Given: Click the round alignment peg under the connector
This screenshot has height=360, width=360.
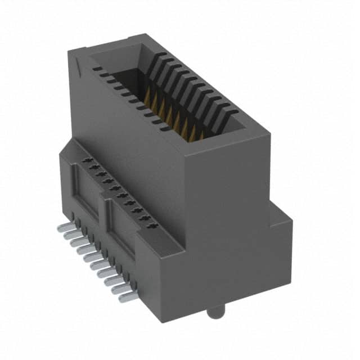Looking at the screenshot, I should (213, 312).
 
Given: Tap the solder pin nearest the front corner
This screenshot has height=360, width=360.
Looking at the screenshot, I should (128, 296).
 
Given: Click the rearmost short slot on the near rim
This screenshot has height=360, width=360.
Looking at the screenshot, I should (97, 70).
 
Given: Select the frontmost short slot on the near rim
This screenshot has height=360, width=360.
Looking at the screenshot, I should (165, 128).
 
